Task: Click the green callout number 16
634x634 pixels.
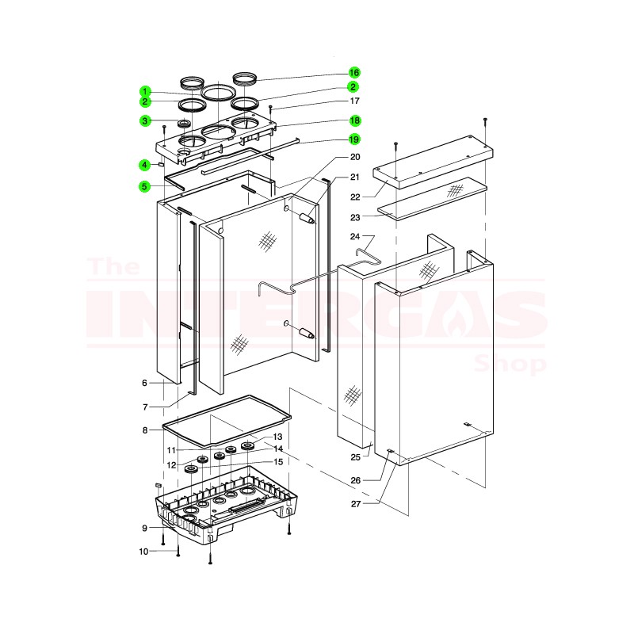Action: click(x=353, y=73)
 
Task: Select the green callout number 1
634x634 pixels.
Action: click(x=145, y=91)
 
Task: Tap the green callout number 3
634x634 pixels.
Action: click(x=145, y=121)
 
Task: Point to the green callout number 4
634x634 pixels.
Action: click(x=145, y=165)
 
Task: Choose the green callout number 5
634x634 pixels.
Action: click(x=145, y=187)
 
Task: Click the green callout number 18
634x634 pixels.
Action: click(x=354, y=120)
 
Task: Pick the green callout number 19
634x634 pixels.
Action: click(x=354, y=139)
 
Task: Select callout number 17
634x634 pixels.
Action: click(x=354, y=101)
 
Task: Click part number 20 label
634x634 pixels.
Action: click(x=354, y=157)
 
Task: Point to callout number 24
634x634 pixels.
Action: click(x=354, y=236)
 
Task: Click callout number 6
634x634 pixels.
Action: click(x=145, y=383)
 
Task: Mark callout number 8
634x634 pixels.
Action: click(x=145, y=430)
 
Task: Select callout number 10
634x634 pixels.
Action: click(x=145, y=551)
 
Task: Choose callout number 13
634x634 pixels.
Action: click(x=277, y=437)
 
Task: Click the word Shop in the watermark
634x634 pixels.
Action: click(x=510, y=364)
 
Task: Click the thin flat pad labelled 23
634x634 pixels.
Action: click(x=432, y=198)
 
